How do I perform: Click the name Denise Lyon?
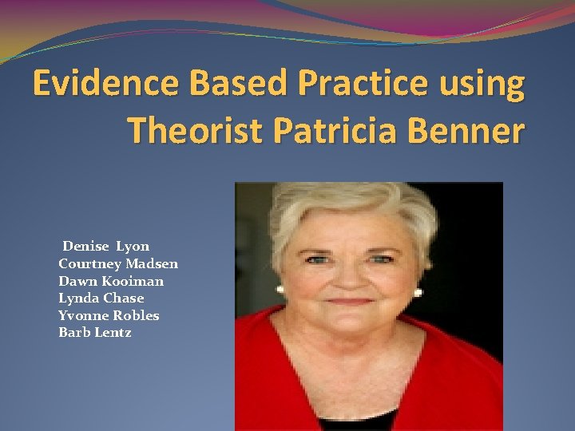[105, 246]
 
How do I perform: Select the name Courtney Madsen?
[118, 263]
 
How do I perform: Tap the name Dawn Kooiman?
[111, 281]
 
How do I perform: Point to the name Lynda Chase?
[101, 299]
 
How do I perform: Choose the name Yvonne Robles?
[109, 315]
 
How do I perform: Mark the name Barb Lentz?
[95, 333]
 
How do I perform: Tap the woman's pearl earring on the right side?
[418, 292]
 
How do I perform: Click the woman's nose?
[348, 279]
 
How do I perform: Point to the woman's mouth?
[349, 302]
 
